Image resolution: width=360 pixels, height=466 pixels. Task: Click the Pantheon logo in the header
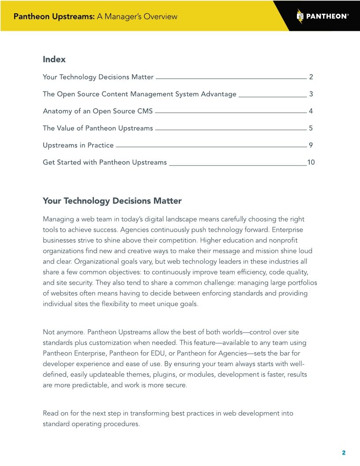click(322, 16)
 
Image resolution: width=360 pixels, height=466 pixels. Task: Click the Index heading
click(54, 59)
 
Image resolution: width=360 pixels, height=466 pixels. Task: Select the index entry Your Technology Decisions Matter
click(98, 77)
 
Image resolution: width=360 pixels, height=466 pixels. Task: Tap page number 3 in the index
click(311, 94)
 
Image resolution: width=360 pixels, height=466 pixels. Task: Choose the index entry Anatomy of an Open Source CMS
click(97, 111)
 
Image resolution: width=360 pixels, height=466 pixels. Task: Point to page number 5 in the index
click(311, 128)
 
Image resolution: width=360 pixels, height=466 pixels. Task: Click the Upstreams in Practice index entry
click(78, 145)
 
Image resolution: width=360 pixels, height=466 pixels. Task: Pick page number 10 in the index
click(311, 162)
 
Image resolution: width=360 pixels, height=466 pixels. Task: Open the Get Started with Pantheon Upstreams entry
click(105, 162)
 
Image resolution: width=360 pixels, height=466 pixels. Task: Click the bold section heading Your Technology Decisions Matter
click(112, 201)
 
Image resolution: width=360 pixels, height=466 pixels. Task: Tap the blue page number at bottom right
click(344, 453)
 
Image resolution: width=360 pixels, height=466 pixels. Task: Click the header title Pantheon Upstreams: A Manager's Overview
click(95, 17)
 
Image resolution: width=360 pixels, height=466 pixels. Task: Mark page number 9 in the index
click(311, 145)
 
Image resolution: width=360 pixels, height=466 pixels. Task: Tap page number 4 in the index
click(311, 111)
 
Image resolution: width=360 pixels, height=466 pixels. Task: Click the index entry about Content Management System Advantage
click(139, 94)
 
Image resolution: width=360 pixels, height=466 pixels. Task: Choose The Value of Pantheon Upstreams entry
click(97, 128)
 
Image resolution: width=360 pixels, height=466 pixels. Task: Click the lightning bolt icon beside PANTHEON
click(300, 16)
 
